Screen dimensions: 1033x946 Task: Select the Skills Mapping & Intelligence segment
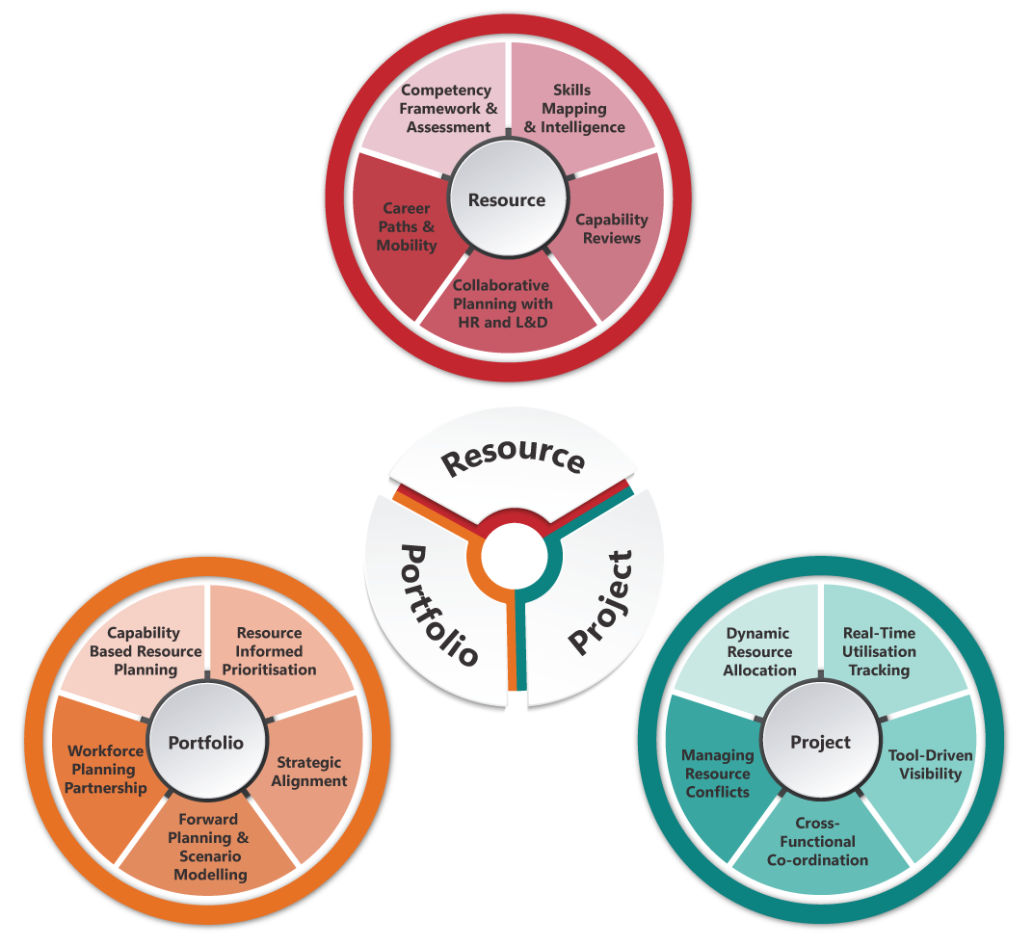coord(574,105)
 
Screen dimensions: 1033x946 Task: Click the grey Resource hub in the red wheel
coord(508,199)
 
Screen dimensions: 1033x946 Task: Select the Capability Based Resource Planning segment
coord(143,649)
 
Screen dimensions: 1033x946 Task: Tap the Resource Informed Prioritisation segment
coord(272,649)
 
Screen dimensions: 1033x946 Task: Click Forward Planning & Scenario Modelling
coord(207,847)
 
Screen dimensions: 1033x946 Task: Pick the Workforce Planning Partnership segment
coord(103,772)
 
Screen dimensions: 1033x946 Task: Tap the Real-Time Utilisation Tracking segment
coord(884,649)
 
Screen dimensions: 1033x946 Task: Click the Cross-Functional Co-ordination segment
coord(819,846)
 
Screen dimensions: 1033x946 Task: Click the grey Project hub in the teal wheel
coord(821,741)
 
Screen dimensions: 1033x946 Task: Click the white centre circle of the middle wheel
coord(514,557)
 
